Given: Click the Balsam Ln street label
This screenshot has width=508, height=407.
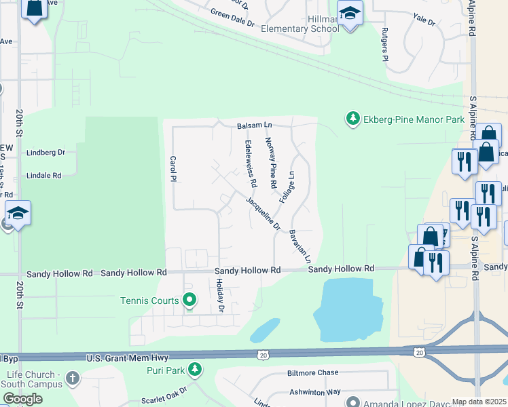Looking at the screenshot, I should (254, 125).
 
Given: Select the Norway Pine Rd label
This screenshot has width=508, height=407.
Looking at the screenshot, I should (270, 163).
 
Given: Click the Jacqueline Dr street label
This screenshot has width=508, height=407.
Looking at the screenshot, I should (264, 213).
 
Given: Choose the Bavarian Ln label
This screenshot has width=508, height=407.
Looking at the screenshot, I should (300, 246).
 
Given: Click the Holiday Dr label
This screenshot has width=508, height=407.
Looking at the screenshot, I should (221, 299).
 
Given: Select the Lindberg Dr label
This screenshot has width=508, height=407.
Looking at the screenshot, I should (46, 153).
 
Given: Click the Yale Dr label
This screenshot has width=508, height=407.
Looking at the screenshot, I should (424, 21).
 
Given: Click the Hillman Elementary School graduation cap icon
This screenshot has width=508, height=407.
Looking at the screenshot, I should (350, 14).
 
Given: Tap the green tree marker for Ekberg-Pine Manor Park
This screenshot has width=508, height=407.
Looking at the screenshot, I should (352, 119).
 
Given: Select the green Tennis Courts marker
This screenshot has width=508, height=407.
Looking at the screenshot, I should (190, 299).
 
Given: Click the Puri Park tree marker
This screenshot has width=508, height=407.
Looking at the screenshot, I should (196, 370).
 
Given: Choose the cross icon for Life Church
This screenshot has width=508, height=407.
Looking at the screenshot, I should (73, 376).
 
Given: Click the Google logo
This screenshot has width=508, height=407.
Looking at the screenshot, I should (22, 399).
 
